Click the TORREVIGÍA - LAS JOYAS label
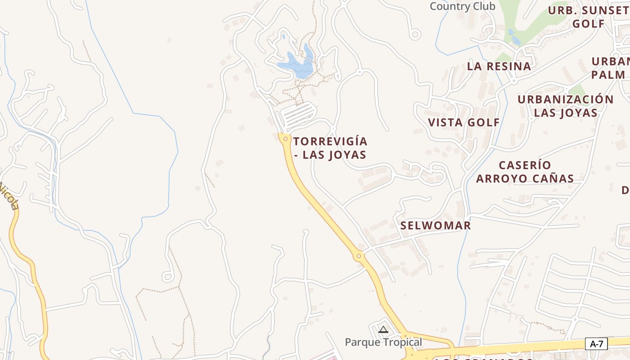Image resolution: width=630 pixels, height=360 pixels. (330, 148)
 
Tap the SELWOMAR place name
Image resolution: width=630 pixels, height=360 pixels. (436, 225)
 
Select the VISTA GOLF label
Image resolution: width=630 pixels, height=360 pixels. (464, 122)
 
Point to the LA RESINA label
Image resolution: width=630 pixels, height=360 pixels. (499, 66)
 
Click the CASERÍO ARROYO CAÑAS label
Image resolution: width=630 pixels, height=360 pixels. (525, 172)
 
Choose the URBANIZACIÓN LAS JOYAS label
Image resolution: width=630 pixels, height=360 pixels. (566, 106)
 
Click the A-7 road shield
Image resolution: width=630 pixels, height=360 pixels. (596, 344)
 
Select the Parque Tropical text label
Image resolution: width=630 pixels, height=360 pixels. (383, 342)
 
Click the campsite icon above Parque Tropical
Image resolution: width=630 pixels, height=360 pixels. (383, 330)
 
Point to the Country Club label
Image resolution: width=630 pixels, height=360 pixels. (462, 6)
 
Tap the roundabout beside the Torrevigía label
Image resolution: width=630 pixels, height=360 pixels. (285, 139)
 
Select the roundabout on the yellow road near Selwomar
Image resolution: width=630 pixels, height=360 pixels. (359, 256)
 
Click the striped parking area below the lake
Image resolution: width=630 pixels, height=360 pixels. (296, 114)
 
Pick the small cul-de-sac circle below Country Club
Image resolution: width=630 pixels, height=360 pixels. (415, 34)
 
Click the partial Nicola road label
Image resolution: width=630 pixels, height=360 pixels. (9, 196)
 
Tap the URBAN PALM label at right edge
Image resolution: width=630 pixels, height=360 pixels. (610, 68)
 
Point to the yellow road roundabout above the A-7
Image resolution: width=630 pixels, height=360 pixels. (405, 336)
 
